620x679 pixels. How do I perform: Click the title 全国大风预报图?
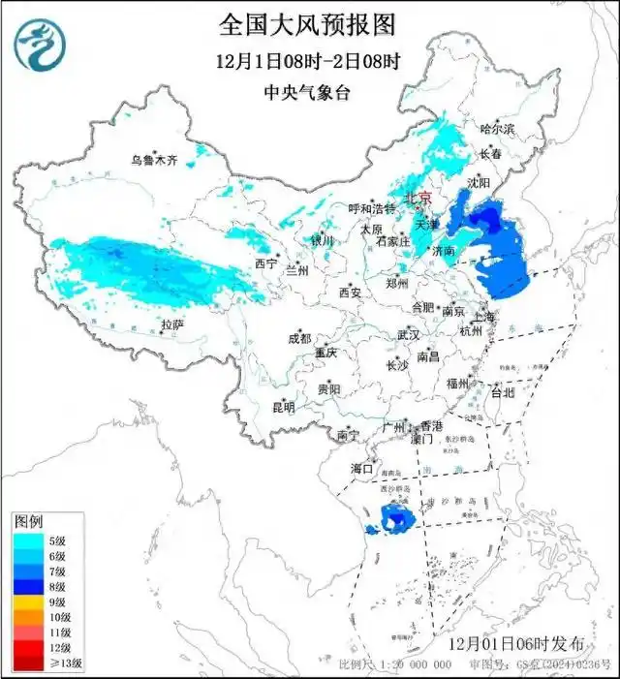[309, 23]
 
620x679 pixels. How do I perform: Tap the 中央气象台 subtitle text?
[309, 93]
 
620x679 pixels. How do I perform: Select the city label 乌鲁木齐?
[155, 160]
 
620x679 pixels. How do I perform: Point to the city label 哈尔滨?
[498, 128]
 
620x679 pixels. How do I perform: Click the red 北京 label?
[418, 196]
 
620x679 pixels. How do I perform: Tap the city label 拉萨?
[172, 324]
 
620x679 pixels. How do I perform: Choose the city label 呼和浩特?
[372, 208]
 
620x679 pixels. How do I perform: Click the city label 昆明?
[282, 407]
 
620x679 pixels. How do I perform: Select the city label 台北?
[503, 394]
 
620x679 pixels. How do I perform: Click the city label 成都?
[298, 339]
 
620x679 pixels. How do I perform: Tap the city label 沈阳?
[478, 182]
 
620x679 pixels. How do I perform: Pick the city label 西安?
[350, 293]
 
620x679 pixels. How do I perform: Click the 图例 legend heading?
[29, 522]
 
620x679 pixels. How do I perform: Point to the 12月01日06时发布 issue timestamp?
[517, 644]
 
